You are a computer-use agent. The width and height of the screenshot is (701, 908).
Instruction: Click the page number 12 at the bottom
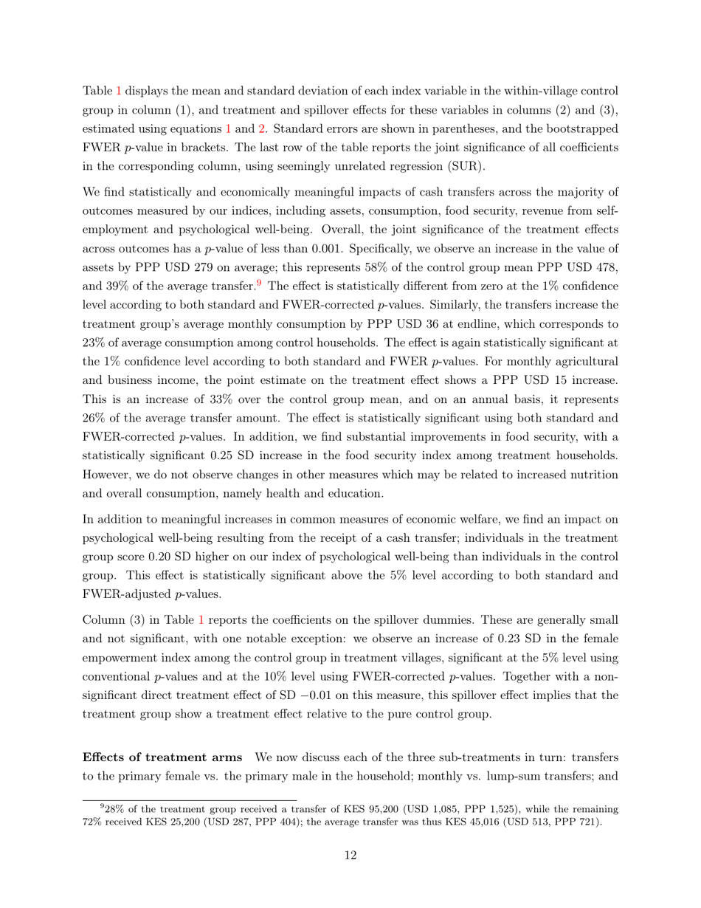coord(350,856)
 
